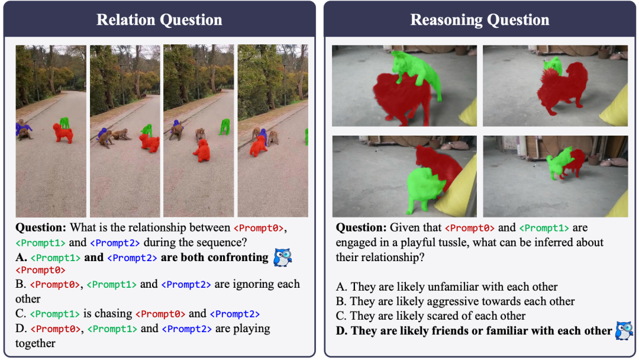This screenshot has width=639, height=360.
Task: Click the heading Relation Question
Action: coord(159,20)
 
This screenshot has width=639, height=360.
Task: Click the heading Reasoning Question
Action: coord(480,20)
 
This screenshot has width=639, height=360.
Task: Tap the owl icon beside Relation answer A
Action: coord(283,258)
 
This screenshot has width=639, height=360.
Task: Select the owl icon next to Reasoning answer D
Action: coord(624,330)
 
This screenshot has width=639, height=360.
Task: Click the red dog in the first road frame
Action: coord(63,133)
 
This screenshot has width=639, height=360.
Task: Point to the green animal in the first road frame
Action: coord(64,123)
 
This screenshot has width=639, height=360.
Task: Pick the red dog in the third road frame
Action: coord(202,151)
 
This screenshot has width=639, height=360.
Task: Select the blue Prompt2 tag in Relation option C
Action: coord(235,314)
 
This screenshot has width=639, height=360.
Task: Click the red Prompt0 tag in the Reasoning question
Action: coord(469,228)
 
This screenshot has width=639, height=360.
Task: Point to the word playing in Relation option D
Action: coord(251,329)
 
